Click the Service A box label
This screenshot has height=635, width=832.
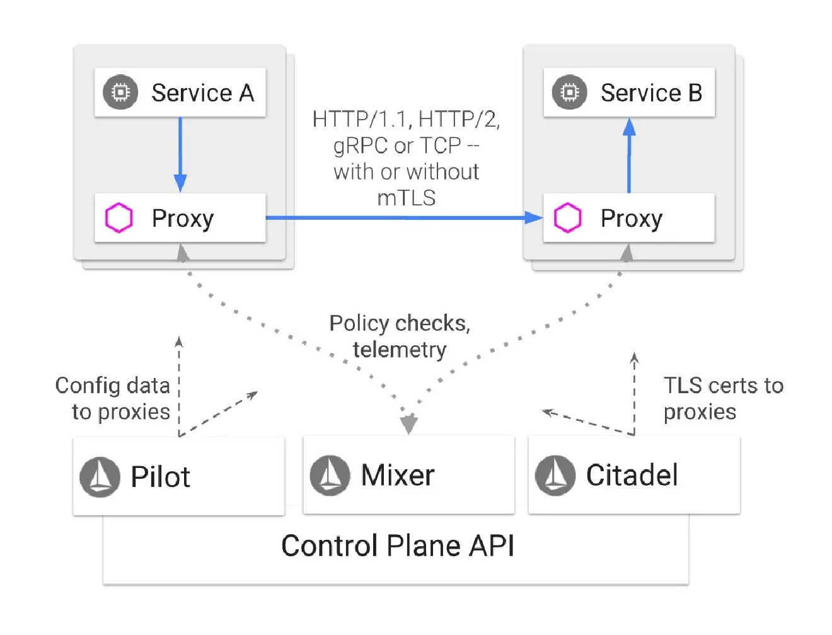pos(202,93)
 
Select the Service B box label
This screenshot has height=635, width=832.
pos(651,93)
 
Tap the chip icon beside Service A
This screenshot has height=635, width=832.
pos(120,93)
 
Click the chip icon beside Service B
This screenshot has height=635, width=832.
pos(569,93)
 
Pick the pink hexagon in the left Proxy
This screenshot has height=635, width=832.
pos(118,218)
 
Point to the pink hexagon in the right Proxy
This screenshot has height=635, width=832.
pos(567,218)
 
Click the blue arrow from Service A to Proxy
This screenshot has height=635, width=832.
pos(180,154)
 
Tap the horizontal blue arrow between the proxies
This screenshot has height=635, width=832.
pos(403,218)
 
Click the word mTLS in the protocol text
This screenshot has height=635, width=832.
pos(407,198)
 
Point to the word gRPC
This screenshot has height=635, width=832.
pos(360,146)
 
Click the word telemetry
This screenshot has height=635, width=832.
pos(400,350)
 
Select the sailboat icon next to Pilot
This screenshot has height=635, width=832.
pos(100,477)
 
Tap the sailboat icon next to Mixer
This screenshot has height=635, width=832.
pos(330,476)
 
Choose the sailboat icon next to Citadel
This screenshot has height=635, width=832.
pos(555,476)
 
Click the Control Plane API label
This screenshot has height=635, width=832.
pos(397,546)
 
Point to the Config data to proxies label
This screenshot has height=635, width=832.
pos(113,398)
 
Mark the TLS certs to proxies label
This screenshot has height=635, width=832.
pos(723,398)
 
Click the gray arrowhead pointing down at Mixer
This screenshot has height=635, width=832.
pos(409,425)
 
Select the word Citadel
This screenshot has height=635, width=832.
pos(632,476)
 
